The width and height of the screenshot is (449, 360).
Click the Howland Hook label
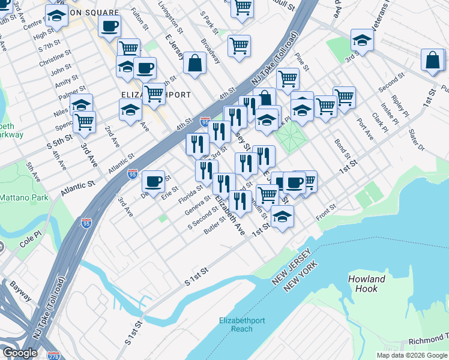coord(366,284)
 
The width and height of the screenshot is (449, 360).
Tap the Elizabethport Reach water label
coord(242,324)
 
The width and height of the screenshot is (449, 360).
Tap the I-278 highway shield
coord(54,355)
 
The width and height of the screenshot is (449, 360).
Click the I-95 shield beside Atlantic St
coord(133,174)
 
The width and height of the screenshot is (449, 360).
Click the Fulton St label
coord(139,19)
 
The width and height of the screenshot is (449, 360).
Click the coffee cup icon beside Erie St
coord(154,180)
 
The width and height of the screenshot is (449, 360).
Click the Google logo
coord(20,353)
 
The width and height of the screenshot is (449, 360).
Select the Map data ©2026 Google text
coord(411,355)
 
